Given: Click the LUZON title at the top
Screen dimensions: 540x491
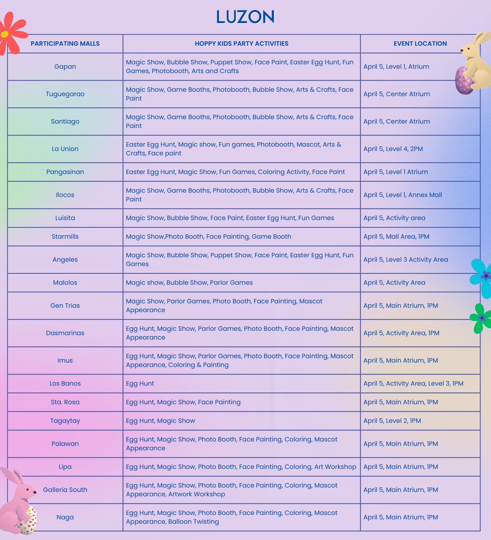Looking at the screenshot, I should click(x=245, y=17).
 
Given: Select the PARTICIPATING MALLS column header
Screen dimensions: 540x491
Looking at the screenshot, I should click(x=65, y=44).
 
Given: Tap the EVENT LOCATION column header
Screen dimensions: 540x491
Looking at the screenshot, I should click(x=420, y=44).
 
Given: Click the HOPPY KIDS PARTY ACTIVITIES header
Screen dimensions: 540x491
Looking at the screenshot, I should click(x=241, y=44).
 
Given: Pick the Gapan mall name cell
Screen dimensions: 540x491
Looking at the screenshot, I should click(x=65, y=67).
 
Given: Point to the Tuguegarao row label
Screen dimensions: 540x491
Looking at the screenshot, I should click(x=65, y=94).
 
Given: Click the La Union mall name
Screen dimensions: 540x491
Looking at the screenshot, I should click(x=65, y=149).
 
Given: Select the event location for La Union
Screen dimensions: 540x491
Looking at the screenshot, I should click(x=393, y=149).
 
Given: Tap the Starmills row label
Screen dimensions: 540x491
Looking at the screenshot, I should click(x=65, y=237).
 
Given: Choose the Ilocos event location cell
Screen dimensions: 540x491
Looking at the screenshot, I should click(x=403, y=195).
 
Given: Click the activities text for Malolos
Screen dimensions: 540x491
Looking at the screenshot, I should click(x=189, y=283).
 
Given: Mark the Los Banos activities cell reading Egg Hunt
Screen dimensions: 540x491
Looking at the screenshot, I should click(x=140, y=384).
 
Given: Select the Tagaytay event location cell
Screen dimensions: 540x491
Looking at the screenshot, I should click(x=392, y=421).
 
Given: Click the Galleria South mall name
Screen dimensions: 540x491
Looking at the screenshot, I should click(x=65, y=490).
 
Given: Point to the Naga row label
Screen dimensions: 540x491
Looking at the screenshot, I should click(x=65, y=517).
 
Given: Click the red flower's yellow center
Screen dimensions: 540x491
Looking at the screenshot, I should click(x=5, y=34).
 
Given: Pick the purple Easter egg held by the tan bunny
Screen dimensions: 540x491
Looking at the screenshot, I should click(x=464, y=81).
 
